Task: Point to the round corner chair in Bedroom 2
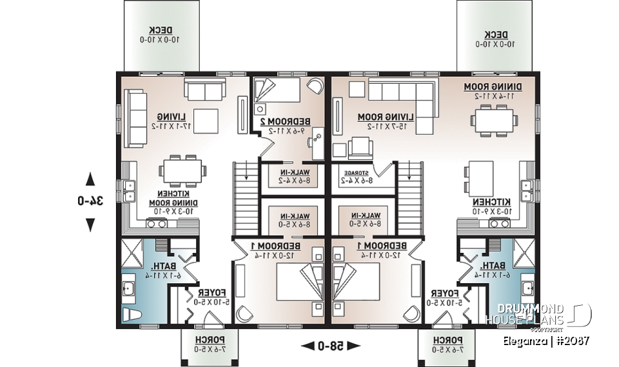point(314,87)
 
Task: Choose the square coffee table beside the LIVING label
point(206,119)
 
